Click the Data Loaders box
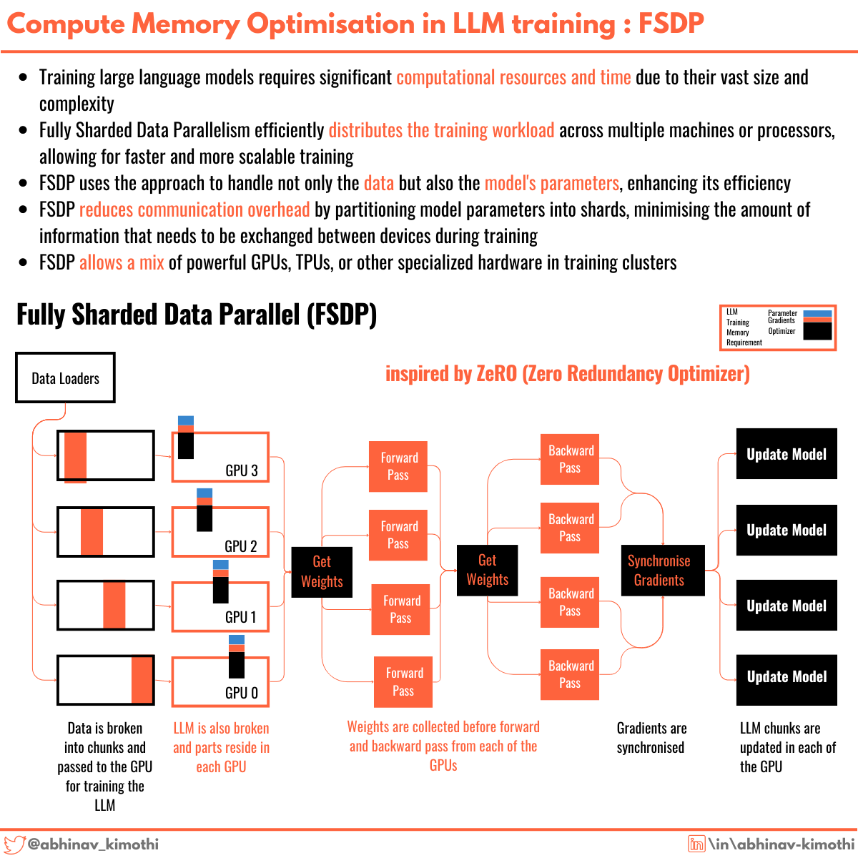[x=65, y=378]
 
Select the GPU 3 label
[x=241, y=470]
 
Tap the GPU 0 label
[x=241, y=693]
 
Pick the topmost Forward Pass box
[x=398, y=466]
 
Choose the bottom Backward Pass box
[x=570, y=674]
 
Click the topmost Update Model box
[x=786, y=454]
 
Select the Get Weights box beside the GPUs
[x=322, y=571]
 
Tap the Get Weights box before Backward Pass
[x=488, y=570]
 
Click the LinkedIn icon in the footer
[x=696, y=844]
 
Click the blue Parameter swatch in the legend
[x=817, y=313]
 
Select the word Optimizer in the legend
[x=781, y=331]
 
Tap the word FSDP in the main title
[x=671, y=24]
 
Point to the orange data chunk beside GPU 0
[x=142, y=680]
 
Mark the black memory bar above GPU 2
[x=204, y=518]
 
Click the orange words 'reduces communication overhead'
[x=194, y=209]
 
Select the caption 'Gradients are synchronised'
[x=651, y=737]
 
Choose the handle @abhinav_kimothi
[x=93, y=844]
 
